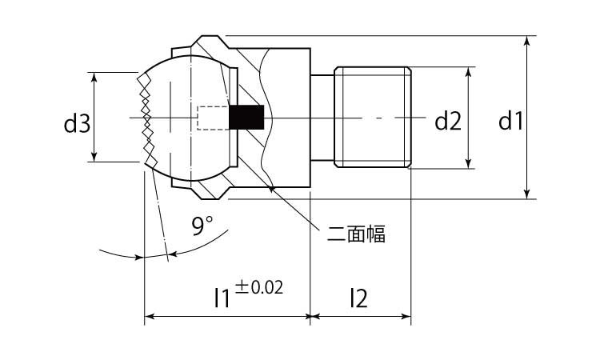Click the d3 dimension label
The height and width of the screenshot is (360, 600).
[x=77, y=124]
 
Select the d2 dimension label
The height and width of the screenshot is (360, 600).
[x=448, y=122]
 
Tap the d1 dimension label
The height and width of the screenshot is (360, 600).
[x=510, y=122]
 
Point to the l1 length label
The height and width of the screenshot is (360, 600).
[x=222, y=298]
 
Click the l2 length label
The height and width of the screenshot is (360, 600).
[x=359, y=298]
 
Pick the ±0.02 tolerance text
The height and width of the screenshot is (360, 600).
[x=259, y=287]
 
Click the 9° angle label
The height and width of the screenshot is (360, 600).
[x=202, y=226]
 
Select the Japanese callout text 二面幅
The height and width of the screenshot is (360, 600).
[x=356, y=234]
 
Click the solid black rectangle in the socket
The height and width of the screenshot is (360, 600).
[x=247, y=118]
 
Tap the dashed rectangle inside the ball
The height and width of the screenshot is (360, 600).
[x=213, y=118]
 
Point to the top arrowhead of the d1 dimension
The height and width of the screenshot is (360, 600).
[x=527, y=41]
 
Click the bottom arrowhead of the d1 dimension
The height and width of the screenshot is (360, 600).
[x=527, y=194]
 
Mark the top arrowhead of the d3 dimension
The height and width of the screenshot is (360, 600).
[x=94, y=77]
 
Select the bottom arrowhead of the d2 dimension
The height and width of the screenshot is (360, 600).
[x=468, y=163]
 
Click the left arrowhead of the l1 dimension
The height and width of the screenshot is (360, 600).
[x=150, y=316]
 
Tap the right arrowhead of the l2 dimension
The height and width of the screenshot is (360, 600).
[x=406, y=316]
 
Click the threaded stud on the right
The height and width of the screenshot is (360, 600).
[x=373, y=117]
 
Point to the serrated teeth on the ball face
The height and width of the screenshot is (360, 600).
[x=147, y=118]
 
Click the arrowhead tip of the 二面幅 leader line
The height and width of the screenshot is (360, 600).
[x=270, y=186]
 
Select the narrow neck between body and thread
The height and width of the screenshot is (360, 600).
[x=322, y=117]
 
